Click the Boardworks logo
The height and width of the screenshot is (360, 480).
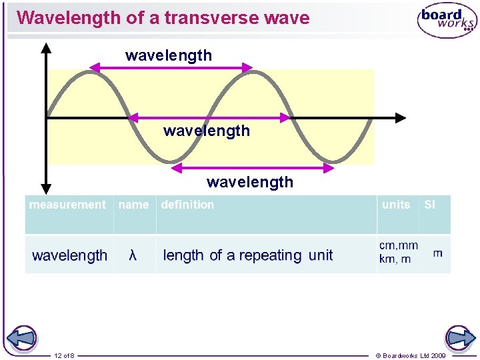[447, 20]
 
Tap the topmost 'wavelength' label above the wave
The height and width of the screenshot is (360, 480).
[169, 55]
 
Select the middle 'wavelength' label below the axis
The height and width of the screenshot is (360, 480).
[207, 131]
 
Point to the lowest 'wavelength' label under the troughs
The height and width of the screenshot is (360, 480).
[250, 182]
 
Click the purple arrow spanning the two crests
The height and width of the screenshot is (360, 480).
[171, 67]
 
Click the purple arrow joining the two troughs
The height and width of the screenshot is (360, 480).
[253, 169]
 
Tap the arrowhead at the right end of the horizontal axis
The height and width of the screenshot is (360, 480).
[399, 118]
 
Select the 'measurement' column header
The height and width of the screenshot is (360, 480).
[67, 205]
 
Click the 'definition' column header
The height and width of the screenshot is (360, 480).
[187, 205]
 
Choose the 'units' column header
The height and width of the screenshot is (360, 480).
[396, 205]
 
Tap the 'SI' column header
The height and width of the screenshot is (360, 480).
[429, 205]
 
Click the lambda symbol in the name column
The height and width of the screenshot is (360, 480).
[133, 255]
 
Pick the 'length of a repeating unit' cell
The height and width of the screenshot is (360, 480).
[247, 255]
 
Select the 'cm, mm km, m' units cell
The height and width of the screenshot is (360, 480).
[398, 252]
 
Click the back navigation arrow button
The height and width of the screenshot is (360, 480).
[21, 338]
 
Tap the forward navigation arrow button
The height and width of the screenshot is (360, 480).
[460, 338]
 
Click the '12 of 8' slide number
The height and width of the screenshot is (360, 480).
[65, 355]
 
